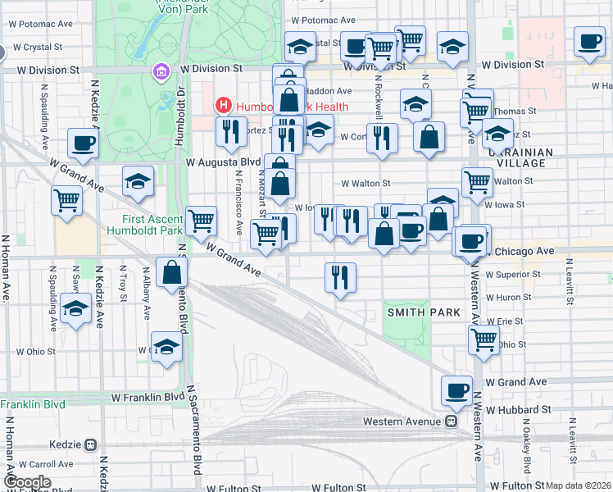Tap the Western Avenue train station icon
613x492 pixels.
451,421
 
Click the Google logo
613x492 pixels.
28,482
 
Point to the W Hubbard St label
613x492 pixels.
518,409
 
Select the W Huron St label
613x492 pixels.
509,298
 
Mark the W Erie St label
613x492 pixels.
504,321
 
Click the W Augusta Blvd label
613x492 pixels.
216,162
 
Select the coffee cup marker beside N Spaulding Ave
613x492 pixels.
83,144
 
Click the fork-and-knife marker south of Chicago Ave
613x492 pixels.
340,277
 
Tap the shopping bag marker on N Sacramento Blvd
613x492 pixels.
171,274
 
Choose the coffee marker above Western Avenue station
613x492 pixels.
456,390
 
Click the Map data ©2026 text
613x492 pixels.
578,485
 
